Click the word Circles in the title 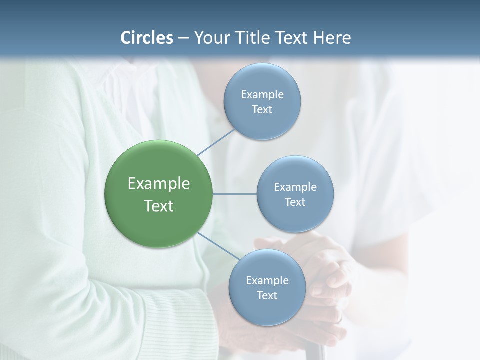click(x=146, y=38)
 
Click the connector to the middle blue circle click(x=235, y=194)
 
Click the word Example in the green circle click(x=159, y=184)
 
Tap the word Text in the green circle click(x=159, y=206)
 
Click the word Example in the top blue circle click(x=262, y=94)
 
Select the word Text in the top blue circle click(x=262, y=110)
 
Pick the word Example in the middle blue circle click(x=295, y=187)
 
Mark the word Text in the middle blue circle click(x=295, y=202)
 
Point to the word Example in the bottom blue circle click(x=267, y=280)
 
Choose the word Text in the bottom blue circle click(x=267, y=295)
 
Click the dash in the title click(x=183, y=38)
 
